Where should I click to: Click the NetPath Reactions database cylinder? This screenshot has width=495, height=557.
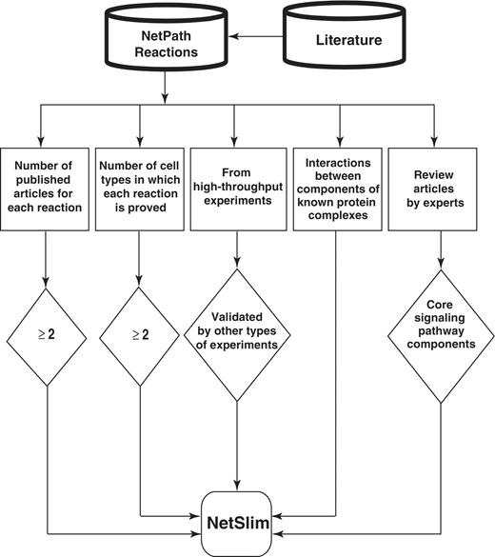click(165, 43)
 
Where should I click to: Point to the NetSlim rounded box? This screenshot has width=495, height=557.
click(236, 522)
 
